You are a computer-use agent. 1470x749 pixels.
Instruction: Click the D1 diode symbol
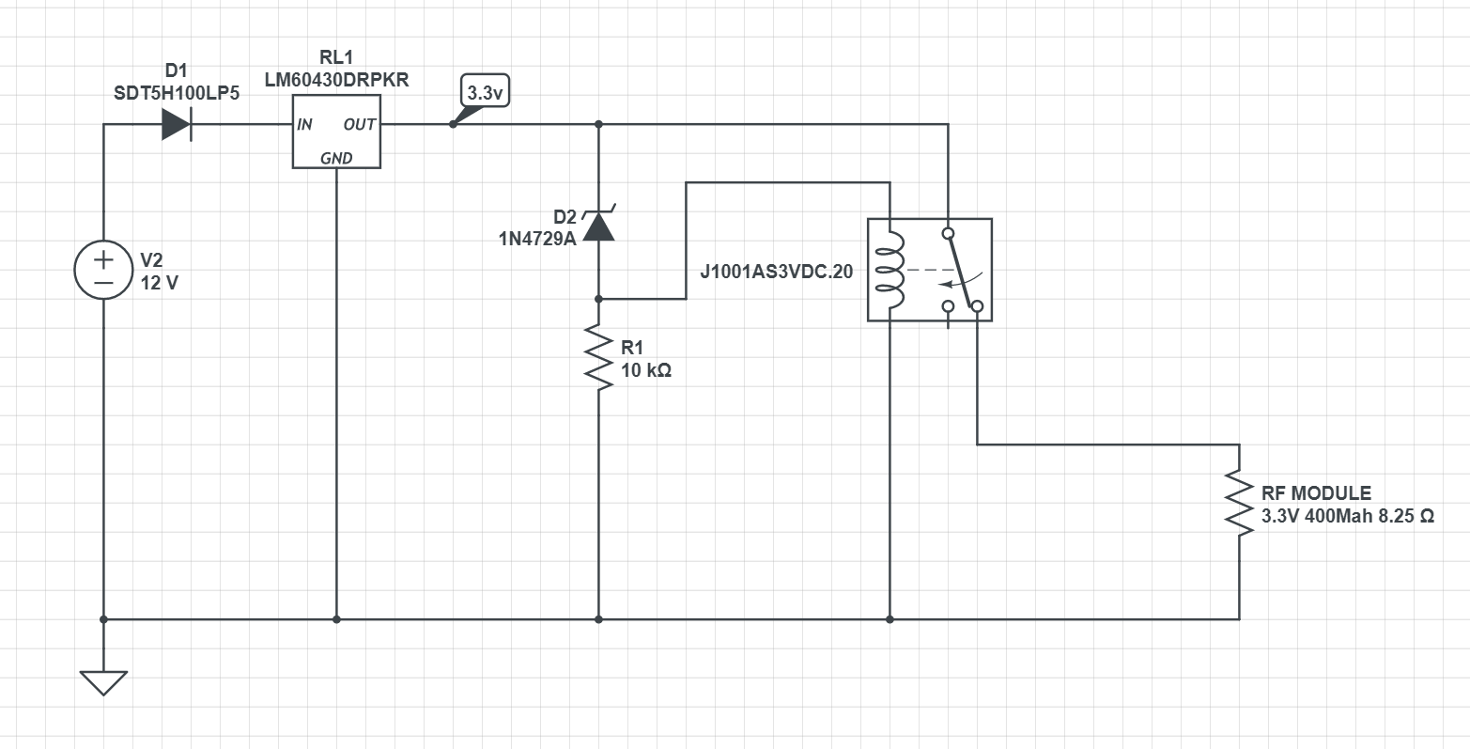[177, 124]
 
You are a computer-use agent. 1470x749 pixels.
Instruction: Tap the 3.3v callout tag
[487, 92]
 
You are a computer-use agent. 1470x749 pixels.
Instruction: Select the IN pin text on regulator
[305, 125]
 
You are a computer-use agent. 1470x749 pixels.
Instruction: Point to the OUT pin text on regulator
[359, 125]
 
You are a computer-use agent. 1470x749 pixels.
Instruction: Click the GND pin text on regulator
[336, 158]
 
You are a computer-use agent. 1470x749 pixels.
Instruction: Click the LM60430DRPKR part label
[336, 81]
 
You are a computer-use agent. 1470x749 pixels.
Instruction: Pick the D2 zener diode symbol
[598, 226]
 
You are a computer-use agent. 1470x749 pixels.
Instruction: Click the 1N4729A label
[537, 239]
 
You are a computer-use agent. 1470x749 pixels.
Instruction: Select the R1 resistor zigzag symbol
[598, 355]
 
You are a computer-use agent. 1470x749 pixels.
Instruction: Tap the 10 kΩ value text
[646, 370]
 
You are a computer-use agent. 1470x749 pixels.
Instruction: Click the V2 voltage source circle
[103, 270]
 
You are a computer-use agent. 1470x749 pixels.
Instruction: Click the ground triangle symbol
[103, 681]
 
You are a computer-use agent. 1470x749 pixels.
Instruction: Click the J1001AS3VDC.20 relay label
[776, 272]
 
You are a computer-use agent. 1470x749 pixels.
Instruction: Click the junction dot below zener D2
[598, 299]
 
